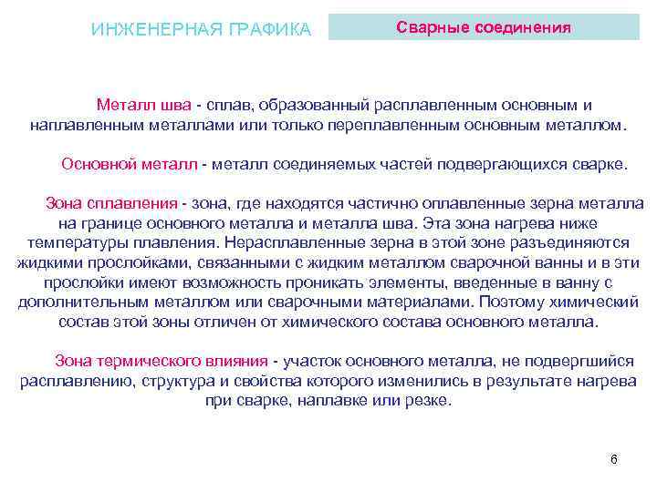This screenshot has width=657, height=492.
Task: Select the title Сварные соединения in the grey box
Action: pos(485,26)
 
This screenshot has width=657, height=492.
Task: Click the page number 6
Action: pos(614,458)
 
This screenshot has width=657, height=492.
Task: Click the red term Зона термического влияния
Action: pos(162,361)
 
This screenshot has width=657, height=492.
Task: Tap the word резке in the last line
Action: pos(428,401)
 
